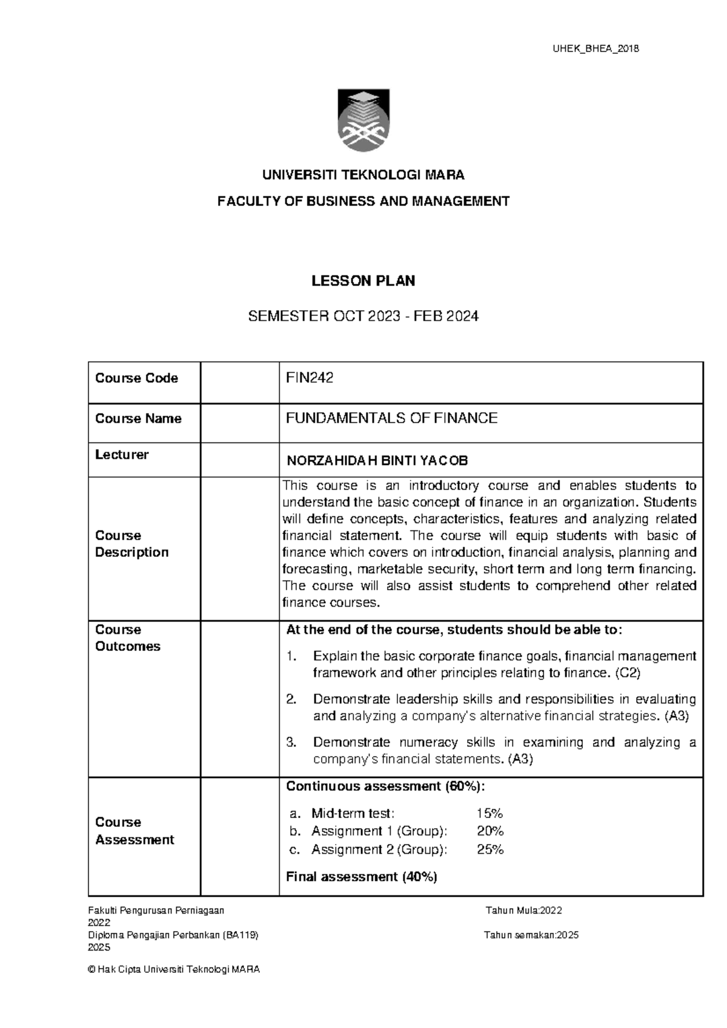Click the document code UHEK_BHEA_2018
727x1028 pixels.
[x=596, y=48]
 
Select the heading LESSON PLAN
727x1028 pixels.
[x=363, y=281]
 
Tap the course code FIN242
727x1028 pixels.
[x=310, y=378]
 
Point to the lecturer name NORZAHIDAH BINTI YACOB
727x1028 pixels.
[x=377, y=461]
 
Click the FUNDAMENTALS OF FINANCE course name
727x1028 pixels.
[x=391, y=418]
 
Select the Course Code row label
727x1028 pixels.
[x=136, y=378]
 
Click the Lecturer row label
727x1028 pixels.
[x=122, y=455]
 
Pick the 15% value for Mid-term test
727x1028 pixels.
[x=490, y=813]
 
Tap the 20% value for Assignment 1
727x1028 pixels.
[x=490, y=831]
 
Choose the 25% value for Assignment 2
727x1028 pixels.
[x=490, y=849]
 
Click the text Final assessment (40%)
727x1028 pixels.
[x=362, y=877]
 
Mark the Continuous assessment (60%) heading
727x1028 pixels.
[x=385, y=786]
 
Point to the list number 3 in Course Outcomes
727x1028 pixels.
[x=291, y=742]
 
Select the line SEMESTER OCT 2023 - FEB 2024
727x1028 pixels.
[x=363, y=316]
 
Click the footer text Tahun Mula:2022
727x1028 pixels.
[x=524, y=910]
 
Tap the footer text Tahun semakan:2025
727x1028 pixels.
[x=531, y=935]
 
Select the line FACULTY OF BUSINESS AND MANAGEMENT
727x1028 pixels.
[x=363, y=201]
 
